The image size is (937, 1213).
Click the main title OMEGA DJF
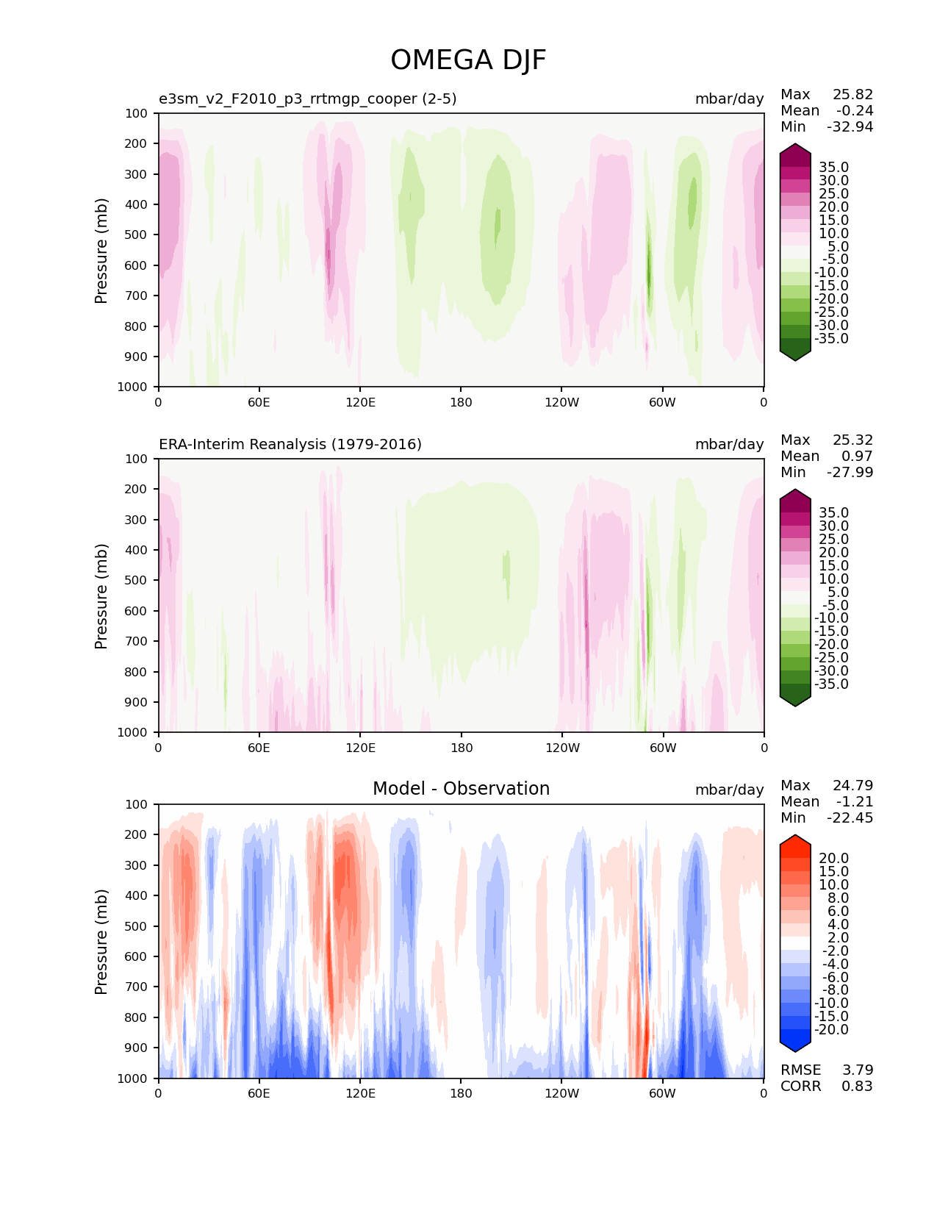coord(468,60)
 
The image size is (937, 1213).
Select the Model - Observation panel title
coord(461,789)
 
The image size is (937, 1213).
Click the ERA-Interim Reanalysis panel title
coord(290,444)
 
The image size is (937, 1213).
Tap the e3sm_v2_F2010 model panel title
coord(308,99)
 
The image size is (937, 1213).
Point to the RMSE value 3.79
coord(857,1070)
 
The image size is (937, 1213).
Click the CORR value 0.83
coord(857,1086)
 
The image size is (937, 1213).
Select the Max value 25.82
coord(852,94)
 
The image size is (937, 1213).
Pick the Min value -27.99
coord(850,472)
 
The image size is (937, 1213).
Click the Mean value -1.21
coord(854,801)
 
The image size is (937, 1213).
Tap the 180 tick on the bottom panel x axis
coord(461,1093)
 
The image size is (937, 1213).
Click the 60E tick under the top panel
coord(259,402)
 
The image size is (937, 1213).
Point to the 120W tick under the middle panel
coord(562,748)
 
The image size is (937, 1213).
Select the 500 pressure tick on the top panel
coord(137,235)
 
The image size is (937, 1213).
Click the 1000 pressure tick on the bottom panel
coord(134,1078)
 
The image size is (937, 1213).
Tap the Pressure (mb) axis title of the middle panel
coord(101,595)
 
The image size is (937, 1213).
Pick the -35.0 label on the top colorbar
coord(831,338)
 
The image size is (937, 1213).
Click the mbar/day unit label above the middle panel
coord(729,444)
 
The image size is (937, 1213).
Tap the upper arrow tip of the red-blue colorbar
coord(794,836)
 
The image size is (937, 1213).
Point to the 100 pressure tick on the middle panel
coord(137,459)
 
